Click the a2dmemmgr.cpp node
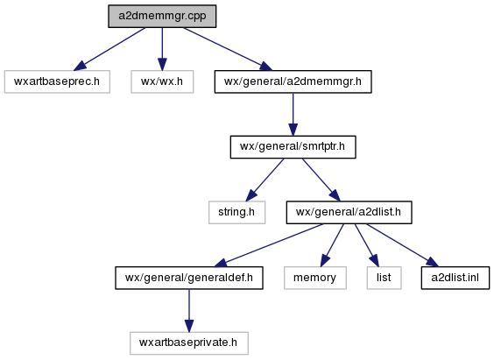162,16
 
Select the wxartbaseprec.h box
57,81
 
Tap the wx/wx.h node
162,81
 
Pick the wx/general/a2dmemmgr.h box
293,81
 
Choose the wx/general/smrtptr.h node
293,147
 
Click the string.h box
236,212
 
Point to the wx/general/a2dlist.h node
349,212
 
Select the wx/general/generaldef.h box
189,278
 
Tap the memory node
315,278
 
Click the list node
384,278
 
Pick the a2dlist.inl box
455,278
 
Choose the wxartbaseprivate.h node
189,343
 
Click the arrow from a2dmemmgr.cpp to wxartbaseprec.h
109,49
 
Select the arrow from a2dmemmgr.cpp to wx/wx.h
162,49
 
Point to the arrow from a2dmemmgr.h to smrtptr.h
293,115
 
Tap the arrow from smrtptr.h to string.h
265,180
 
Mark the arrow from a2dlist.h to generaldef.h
269,245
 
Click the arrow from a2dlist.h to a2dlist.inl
402,245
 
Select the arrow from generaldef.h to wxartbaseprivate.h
189,311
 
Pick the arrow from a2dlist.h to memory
332,245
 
